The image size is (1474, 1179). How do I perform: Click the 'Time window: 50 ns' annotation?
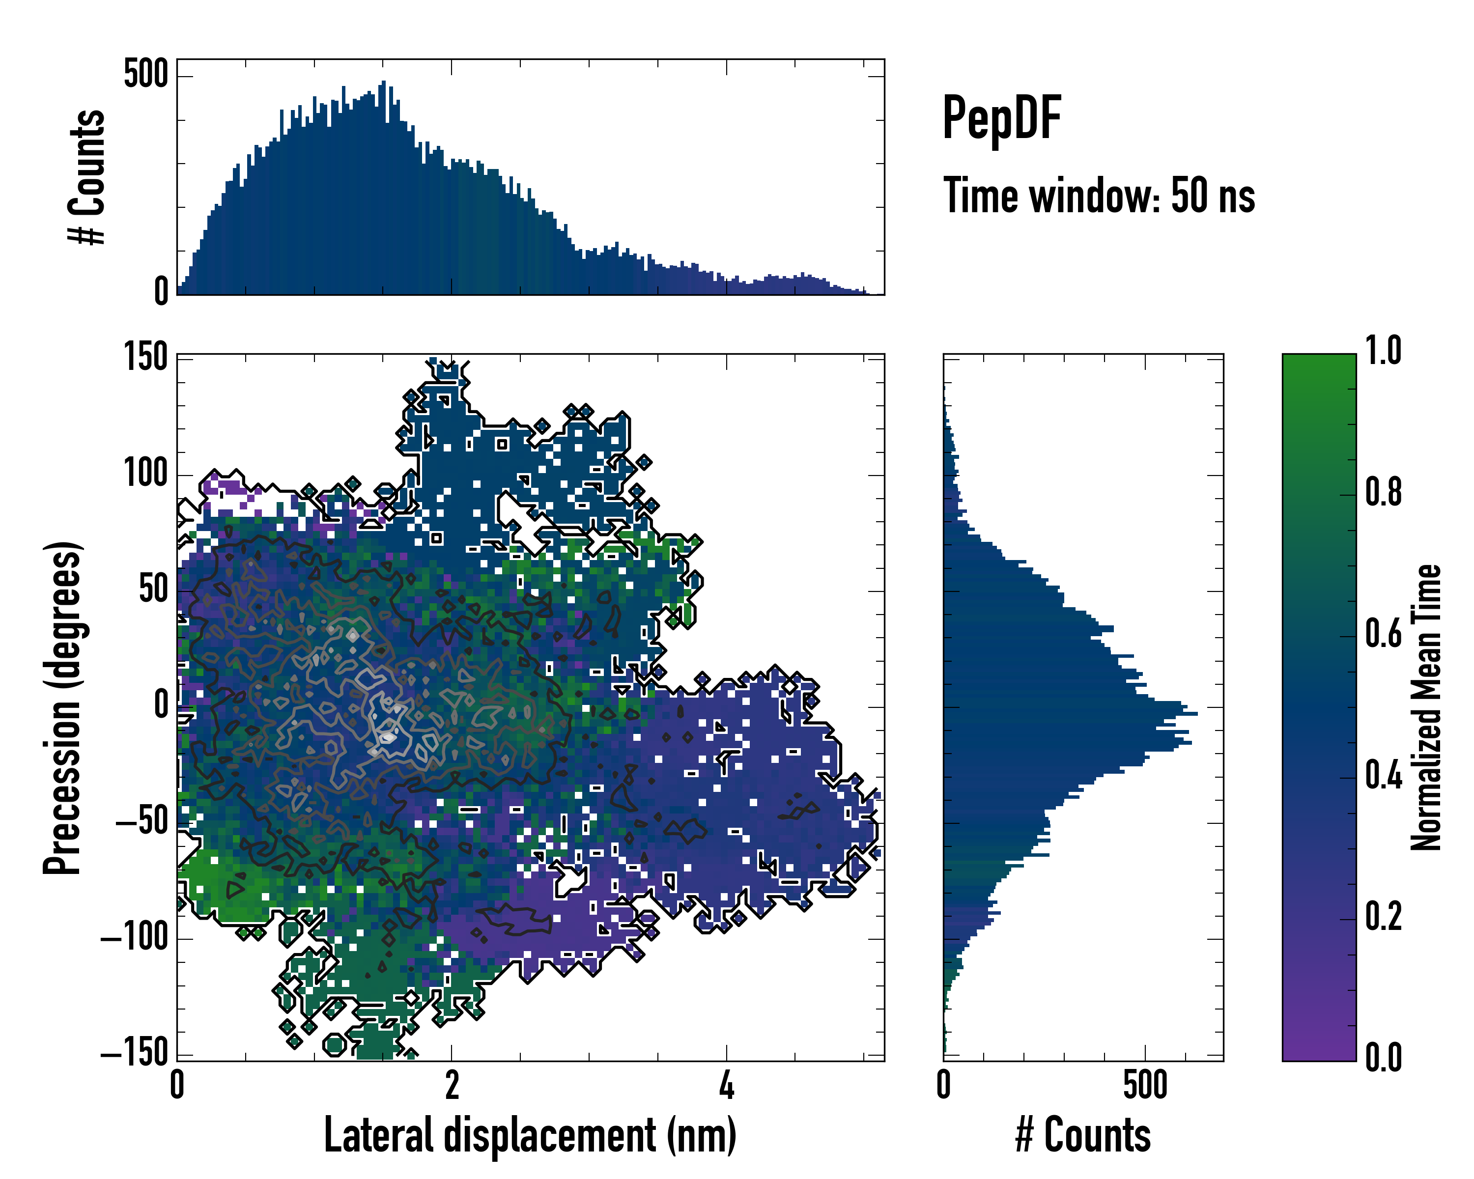[1099, 196]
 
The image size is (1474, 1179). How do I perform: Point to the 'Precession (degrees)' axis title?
[63, 707]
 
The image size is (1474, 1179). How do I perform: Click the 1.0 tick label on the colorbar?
[1383, 351]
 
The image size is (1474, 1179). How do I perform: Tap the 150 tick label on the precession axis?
[145, 357]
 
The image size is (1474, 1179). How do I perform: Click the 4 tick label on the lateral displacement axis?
[727, 1085]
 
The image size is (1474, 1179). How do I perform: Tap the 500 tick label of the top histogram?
[145, 74]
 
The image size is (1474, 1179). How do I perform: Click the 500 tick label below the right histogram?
[1145, 1085]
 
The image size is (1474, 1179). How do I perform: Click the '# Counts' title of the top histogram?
[87, 177]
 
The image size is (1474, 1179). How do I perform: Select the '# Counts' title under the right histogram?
[1083, 1135]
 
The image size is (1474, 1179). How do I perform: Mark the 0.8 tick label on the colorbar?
[1383, 492]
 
